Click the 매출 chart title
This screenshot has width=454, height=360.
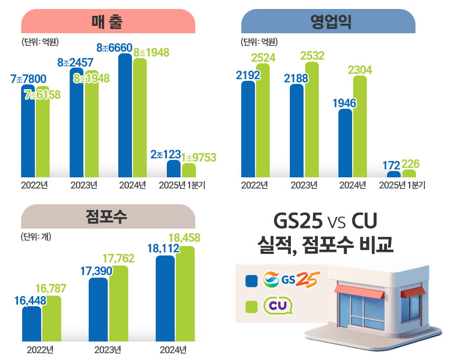coord(108,23)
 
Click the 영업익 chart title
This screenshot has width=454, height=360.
coord(328,23)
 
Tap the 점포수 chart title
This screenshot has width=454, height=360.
coord(108,217)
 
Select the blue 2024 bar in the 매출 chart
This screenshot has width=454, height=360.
coord(125,116)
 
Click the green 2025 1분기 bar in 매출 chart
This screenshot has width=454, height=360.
coord(188,170)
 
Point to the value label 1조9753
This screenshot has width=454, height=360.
coord(198,158)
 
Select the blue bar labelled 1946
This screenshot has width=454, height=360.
coord(345,143)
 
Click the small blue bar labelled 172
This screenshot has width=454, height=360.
coord(393,174)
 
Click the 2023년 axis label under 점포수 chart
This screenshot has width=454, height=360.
coord(108,350)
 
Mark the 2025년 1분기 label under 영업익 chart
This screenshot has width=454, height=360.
coord(402,185)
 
